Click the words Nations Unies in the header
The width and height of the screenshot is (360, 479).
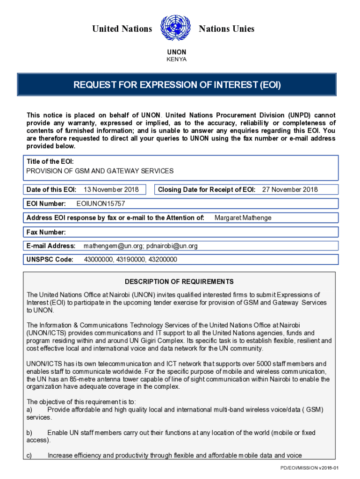[226, 29]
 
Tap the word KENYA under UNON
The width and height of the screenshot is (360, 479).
[177, 59]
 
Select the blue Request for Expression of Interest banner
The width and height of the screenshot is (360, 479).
[177, 85]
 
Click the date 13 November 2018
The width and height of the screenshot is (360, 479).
[111, 189]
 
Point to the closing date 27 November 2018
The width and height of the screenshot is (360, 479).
[290, 189]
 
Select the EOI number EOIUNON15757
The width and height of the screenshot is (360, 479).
[101, 203]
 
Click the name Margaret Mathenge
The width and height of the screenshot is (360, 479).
[243, 218]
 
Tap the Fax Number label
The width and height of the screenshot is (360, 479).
[46, 232]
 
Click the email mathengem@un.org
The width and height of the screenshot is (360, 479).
[113, 246]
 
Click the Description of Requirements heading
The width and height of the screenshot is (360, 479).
[179, 282]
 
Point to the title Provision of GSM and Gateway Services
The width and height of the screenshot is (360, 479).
[100, 171]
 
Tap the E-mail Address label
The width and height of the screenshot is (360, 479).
[51, 246]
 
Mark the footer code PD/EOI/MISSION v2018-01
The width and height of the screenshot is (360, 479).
[309, 468]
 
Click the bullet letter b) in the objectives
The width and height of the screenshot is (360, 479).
[30, 433]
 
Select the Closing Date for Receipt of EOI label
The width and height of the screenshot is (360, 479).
[207, 189]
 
